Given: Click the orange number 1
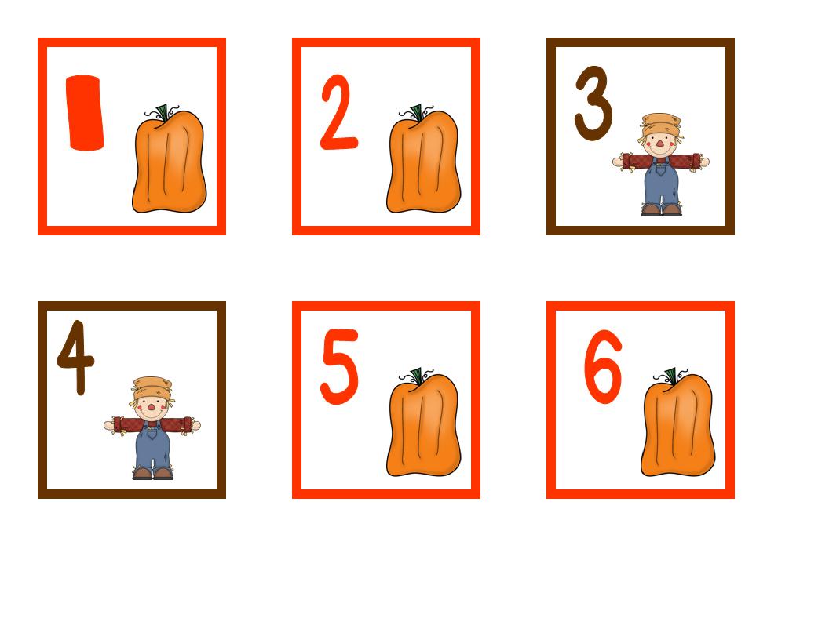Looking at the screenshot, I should tap(85, 112).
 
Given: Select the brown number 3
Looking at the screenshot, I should tap(593, 104).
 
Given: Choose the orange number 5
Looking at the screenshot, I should tap(339, 366).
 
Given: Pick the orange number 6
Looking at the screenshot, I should tap(603, 367).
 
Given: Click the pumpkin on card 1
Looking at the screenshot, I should tap(169, 165).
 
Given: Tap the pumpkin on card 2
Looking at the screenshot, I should tap(423, 165).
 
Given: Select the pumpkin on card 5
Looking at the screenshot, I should tap(423, 428).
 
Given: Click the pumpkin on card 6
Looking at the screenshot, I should tap(677, 428).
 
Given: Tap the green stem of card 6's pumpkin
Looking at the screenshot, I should tap(671, 376).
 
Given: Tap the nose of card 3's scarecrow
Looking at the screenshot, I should tap(660, 144).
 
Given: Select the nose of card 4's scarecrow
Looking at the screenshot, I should tap(152, 408).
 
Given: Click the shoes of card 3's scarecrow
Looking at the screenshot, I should tap(661, 210).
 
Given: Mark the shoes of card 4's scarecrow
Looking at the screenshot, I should tap(152, 474).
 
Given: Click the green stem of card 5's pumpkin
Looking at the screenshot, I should tap(417, 376).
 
